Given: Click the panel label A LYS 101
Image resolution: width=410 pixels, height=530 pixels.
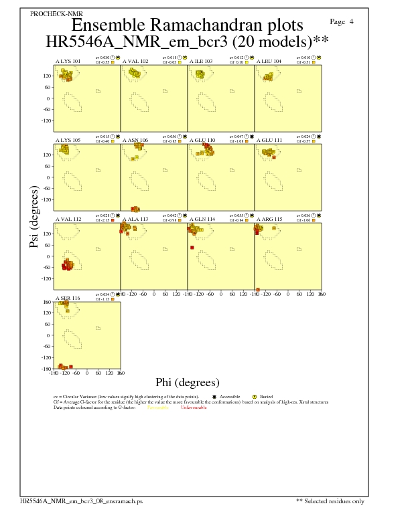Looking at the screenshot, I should (x=68, y=61).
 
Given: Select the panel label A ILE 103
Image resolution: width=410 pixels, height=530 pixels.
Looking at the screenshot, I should (x=201, y=61).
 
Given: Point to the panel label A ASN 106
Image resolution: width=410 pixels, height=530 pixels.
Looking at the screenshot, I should (x=135, y=141).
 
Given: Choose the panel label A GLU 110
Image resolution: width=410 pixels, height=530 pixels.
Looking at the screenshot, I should (x=202, y=141).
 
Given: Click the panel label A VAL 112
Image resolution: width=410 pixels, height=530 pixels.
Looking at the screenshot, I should (x=68, y=219).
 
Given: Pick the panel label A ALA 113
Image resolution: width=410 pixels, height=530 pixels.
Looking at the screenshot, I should (x=135, y=219).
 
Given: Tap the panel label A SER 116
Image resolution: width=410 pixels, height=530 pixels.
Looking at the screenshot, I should (x=67, y=298).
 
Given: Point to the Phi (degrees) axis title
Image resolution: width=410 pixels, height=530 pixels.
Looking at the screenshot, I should (x=188, y=383).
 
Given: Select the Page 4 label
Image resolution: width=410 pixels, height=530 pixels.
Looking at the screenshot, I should (x=342, y=21).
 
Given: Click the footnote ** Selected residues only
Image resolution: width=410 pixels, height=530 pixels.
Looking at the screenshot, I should (x=331, y=501).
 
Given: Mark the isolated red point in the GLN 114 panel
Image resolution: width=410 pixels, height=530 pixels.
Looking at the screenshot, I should (x=192, y=248).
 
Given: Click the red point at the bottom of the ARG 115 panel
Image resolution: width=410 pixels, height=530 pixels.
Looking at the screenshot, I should (x=258, y=289).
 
